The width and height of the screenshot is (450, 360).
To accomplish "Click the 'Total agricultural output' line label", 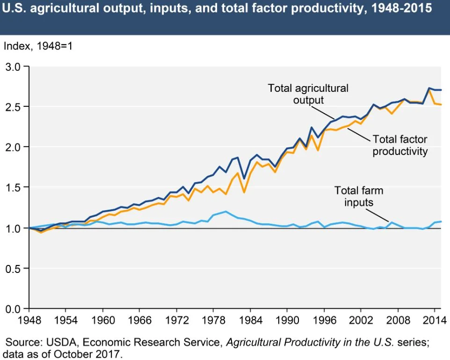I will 308,94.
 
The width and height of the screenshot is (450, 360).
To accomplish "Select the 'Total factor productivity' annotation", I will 399,145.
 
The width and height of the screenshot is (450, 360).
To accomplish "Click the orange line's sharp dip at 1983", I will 244,192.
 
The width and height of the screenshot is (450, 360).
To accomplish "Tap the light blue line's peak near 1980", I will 225,212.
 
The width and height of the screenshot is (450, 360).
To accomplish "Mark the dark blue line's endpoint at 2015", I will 442,90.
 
